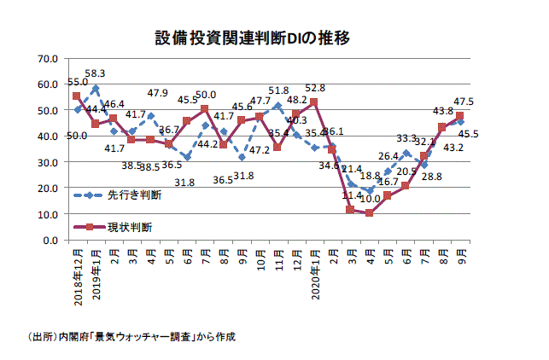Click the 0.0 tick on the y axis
(50, 240)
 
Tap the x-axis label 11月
(278, 258)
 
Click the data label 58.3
(95, 73)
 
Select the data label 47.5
(464, 101)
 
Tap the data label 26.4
(388, 156)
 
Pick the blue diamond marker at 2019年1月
(96, 88)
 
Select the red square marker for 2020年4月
(370, 213)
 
